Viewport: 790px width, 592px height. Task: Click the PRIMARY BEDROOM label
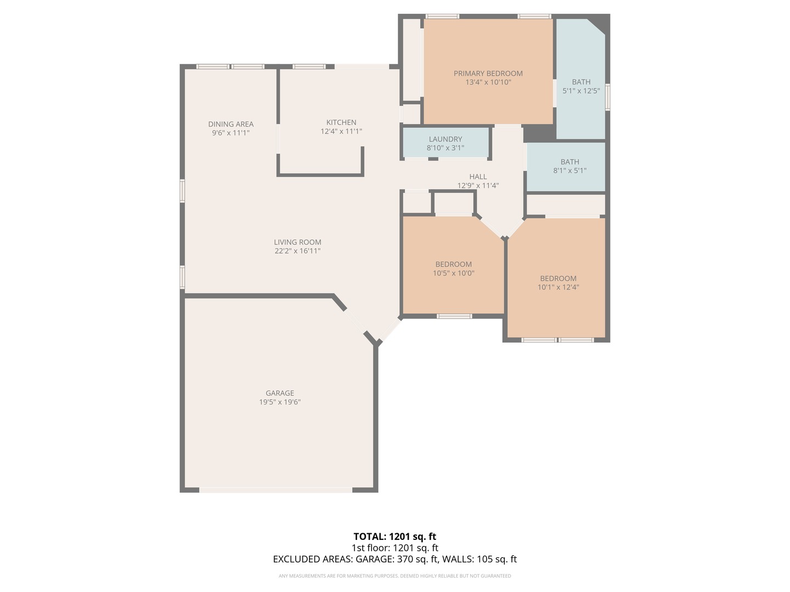click(x=488, y=73)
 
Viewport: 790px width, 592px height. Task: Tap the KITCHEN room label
click(x=341, y=122)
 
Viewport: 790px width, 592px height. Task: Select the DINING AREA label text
click(x=230, y=124)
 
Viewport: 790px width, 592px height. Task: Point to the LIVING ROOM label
click(x=297, y=242)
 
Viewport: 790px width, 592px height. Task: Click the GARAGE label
click(x=280, y=393)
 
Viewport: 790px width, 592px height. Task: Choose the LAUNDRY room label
click(x=445, y=139)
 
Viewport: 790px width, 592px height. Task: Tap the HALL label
click(x=478, y=177)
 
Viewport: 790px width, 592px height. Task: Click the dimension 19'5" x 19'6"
click(x=280, y=402)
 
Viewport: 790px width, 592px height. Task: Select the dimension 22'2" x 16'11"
click(x=297, y=251)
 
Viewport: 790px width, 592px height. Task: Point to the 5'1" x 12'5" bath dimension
click(x=581, y=91)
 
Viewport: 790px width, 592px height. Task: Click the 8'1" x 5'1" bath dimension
click(x=569, y=170)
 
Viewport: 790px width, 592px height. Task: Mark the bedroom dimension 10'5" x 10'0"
click(x=453, y=273)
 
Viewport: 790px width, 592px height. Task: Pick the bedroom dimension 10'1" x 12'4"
click(x=558, y=287)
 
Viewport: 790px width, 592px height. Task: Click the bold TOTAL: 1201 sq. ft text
click(x=394, y=537)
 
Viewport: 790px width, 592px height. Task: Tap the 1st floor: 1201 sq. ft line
click(x=394, y=548)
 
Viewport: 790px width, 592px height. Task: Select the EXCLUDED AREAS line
click(x=394, y=559)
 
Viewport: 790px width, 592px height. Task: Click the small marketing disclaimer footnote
click(x=394, y=576)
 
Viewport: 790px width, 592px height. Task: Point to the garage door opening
click(x=275, y=489)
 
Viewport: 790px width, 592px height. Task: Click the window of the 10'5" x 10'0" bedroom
click(x=454, y=316)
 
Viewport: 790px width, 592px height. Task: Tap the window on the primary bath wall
click(x=607, y=98)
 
